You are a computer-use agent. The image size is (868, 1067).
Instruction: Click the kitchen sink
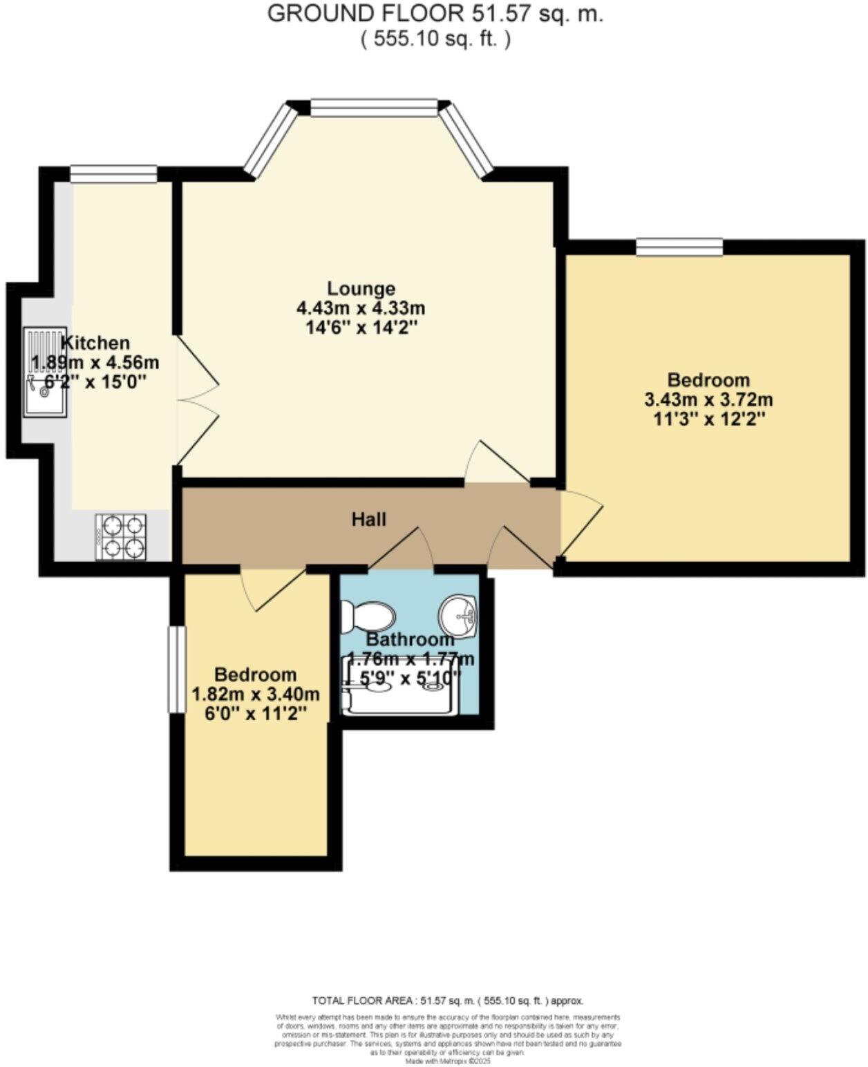[45, 372]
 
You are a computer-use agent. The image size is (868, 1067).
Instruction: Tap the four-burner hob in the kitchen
[121, 536]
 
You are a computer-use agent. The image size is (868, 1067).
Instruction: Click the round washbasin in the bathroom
[458, 614]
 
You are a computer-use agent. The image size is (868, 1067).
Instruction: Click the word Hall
[368, 519]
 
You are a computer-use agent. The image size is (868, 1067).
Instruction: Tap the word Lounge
[361, 288]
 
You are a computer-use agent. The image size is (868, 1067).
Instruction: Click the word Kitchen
[95, 343]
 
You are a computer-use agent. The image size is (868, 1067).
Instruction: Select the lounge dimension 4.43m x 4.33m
[361, 308]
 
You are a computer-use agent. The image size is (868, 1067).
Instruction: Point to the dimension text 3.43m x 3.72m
[708, 399]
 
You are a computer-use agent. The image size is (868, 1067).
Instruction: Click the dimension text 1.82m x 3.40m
[255, 694]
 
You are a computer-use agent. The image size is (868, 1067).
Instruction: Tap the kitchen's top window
[113, 174]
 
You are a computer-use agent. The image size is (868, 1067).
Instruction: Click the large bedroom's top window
[679, 247]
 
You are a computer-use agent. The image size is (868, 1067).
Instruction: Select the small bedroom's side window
[177, 668]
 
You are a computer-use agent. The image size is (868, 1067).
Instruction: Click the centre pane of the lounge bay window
[374, 107]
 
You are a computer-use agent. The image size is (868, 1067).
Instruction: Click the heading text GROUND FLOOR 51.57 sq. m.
[435, 14]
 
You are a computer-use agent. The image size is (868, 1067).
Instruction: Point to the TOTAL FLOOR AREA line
[448, 1000]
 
